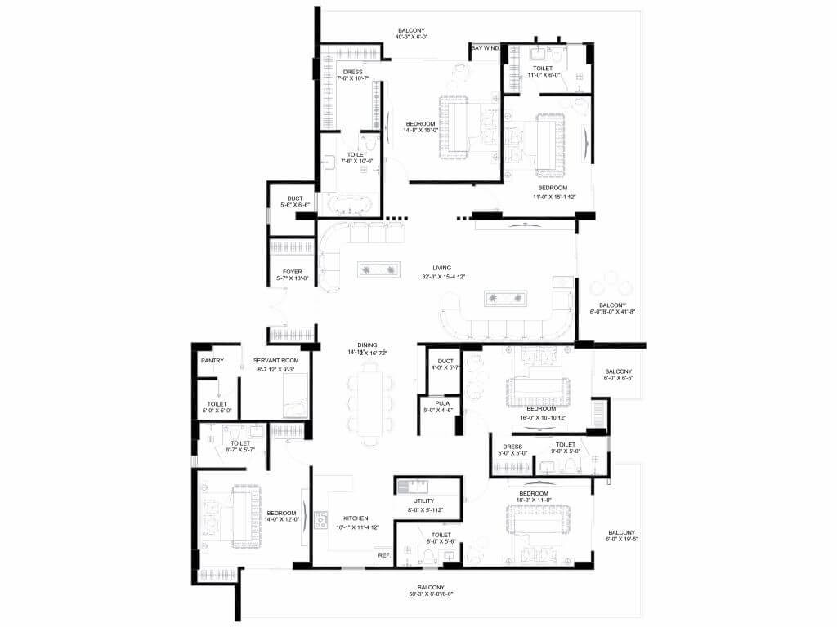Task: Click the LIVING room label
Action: coord(442,267)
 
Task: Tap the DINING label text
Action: coord(356,344)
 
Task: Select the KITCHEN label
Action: coord(356,518)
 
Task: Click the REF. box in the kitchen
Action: coord(383,555)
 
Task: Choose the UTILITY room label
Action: coord(423,500)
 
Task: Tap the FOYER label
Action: coord(293,269)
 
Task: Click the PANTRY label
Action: coord(213,360)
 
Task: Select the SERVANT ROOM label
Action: coord(275,360)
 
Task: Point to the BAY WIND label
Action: coord(485,48)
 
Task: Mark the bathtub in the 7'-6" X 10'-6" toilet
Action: coord(350,204)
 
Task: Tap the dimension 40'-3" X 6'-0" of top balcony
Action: coord(412,37)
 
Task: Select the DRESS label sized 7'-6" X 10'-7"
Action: coord(353,72)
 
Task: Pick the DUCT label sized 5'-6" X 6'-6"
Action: coord(296,198)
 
